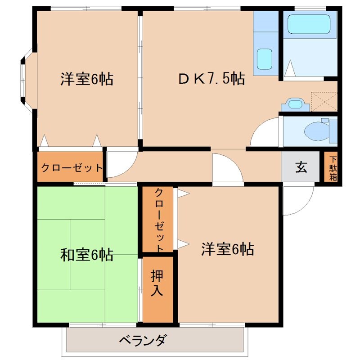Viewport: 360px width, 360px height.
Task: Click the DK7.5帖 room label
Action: coord(211,79)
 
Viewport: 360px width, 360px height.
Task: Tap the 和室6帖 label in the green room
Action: coord(86,255)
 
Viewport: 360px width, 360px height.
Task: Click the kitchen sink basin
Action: coord(265,58)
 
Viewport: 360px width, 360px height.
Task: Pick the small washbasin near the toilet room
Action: coord(295,104)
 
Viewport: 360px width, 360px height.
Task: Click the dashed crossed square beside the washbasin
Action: coord(324,101)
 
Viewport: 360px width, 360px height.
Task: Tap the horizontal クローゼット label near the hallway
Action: coord(72,168)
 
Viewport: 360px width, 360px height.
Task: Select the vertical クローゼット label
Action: coord(158,219)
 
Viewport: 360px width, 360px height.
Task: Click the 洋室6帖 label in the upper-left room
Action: coord(86,79)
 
